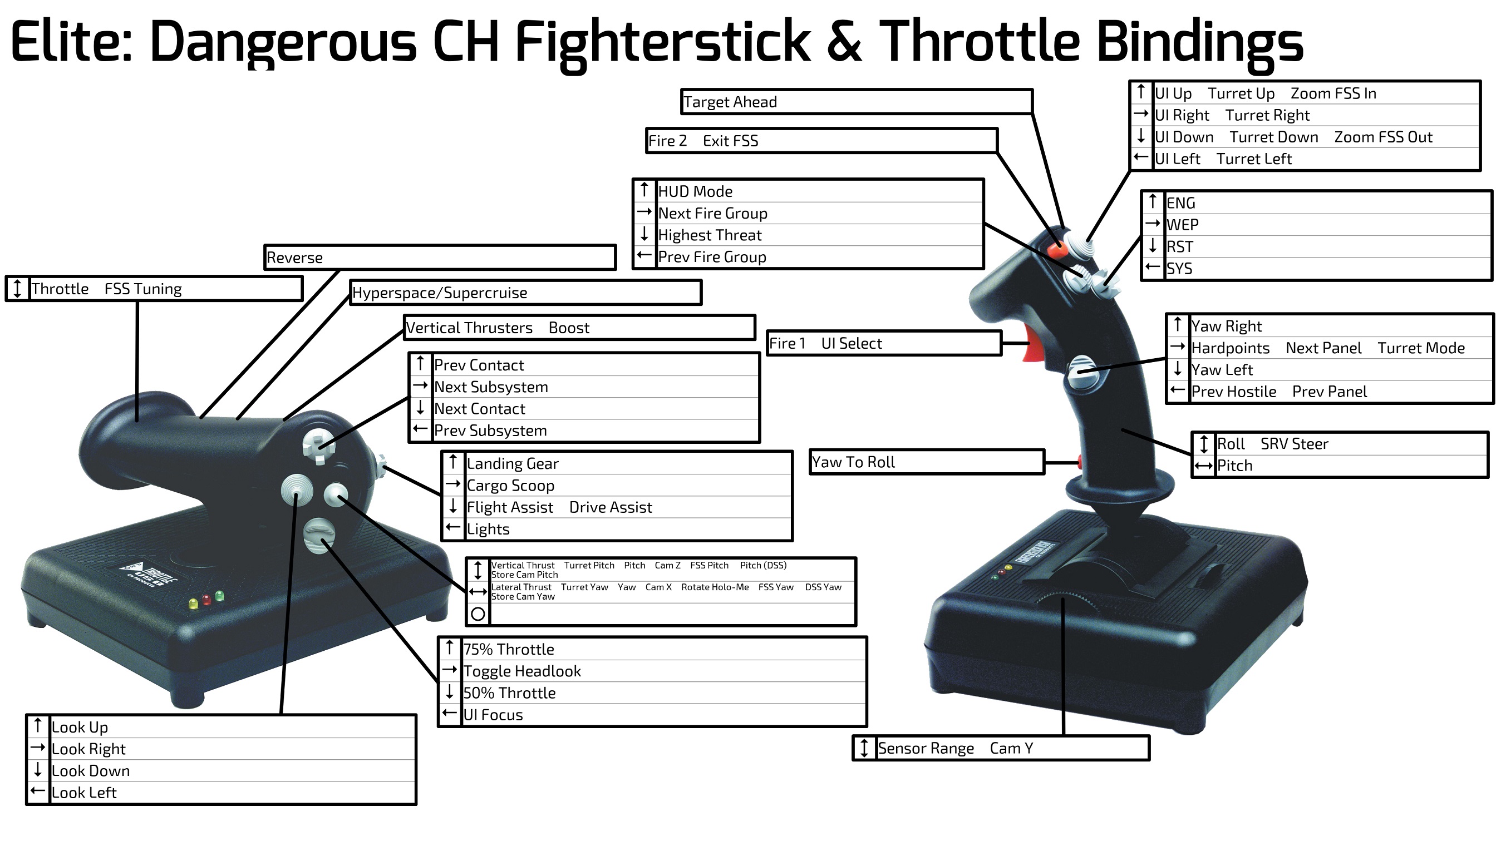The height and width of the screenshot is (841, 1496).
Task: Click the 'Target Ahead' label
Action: tap(730, 102)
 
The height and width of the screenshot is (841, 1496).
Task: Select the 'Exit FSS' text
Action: tap(731, 141)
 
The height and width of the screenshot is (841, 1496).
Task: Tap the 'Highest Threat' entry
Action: tap(710, 235)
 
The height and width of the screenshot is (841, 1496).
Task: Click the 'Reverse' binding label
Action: tap(294, 258)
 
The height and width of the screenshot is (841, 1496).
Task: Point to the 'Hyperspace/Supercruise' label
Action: tap(440, 293)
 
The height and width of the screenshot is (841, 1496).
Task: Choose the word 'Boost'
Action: tap(569, 328)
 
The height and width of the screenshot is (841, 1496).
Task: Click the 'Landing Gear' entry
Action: tap(512, 464)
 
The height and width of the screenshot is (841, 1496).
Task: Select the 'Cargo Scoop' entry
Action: tap(510, 486)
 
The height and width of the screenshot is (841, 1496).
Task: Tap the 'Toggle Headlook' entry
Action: tap(522, 671)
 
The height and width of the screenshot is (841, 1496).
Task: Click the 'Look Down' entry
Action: tap(91, 771)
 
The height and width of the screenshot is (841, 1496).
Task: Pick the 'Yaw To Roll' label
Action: tap(853, 462)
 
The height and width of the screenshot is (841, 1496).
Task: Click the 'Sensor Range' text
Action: tap(926, 749)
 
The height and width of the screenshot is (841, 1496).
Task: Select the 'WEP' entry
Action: tap(1183, 225)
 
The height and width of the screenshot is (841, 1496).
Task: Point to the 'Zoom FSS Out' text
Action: tap(1383, 137)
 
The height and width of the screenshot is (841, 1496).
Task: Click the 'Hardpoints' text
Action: tap(1230, 348)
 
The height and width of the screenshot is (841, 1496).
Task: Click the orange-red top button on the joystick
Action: tap(1057, 251)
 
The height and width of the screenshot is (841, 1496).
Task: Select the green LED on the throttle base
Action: tap(219, 596)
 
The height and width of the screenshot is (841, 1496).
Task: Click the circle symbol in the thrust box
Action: tap(478, 614)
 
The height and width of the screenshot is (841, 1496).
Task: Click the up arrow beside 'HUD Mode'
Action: tap(644, 189)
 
